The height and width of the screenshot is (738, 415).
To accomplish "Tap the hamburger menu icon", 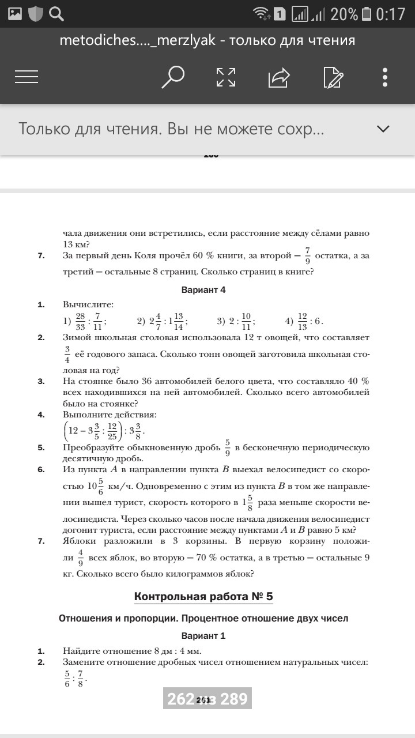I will [27, 77].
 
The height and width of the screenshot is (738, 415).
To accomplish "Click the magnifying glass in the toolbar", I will [172, 77].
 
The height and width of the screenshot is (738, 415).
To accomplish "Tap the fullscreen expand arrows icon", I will [225, 77].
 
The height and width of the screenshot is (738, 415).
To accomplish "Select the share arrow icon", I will [279, 77].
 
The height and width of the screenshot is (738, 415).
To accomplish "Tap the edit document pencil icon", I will [333, 77].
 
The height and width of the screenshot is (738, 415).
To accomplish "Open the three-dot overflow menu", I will [385, 77].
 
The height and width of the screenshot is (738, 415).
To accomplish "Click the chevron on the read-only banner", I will [383, 129].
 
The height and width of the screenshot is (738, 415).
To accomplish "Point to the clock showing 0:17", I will [391, 14].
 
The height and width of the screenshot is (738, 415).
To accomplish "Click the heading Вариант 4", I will [203, 290].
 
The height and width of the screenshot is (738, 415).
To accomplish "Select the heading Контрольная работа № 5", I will [203, 596].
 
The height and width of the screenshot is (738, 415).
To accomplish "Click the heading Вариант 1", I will [203, 636].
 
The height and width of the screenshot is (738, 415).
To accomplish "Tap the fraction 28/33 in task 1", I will [80, 321].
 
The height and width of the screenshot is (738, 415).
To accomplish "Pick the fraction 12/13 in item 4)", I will [302, 321].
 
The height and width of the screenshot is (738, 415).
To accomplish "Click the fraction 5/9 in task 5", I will [228, 447].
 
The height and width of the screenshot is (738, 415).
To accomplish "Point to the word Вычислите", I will [88, 304].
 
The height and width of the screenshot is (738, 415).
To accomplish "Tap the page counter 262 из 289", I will [207, 699].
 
